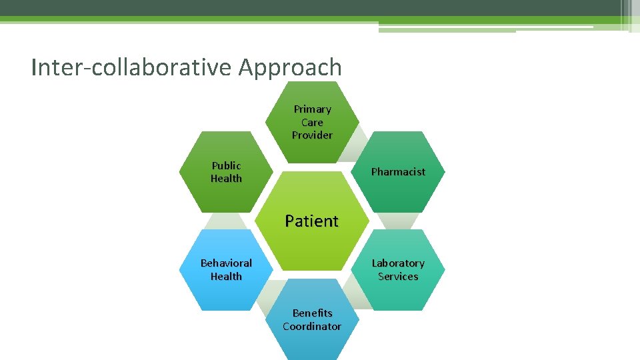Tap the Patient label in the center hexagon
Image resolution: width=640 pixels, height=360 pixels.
pos(312,221)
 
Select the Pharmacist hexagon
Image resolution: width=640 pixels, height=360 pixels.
pos(398,172)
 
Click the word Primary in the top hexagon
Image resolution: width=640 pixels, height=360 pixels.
pos(312,109)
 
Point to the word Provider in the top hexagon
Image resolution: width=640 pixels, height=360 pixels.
pos(312,135)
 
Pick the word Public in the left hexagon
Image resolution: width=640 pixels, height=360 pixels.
pos(226,165)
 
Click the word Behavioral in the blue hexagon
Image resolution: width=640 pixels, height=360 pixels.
pos(226,263)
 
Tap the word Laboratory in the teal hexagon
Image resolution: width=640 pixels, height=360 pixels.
pos(398,263)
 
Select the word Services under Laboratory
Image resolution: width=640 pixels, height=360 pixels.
pos(398,277)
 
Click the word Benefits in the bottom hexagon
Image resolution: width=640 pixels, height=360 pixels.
pos(312,313)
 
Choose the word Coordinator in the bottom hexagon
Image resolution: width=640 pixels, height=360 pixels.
pos(312,327)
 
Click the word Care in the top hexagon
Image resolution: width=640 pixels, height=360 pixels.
pos(312,123)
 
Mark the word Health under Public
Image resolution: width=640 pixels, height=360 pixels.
pos(226,179)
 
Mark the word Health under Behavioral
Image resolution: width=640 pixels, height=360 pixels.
pos(226,277)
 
